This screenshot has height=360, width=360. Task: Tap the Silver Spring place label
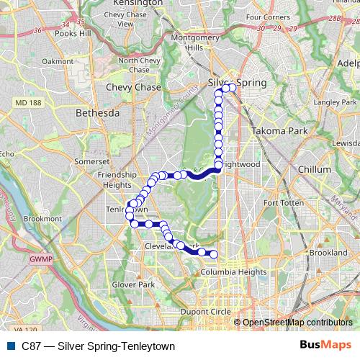[238, 83]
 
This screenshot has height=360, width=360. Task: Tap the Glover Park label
[135, 285]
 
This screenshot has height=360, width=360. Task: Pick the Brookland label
[328, 253]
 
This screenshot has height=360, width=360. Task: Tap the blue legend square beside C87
[9, 346]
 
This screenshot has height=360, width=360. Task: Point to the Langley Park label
[330, 103]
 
